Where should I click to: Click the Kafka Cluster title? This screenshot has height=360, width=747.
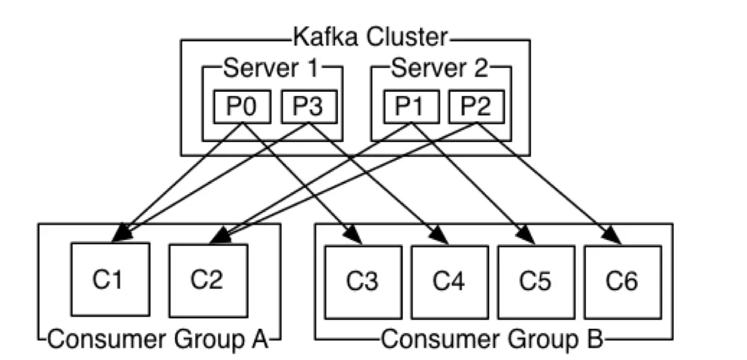pos(370,38)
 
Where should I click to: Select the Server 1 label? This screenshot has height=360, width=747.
pos(271,69)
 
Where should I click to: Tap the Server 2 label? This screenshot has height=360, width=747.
pos(440,69)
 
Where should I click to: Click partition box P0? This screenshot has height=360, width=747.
pos(241,107)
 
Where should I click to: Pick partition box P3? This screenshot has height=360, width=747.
pos(309,107)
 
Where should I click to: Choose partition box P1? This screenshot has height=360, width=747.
pos(411,107)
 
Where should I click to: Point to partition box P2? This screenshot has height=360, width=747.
pos(477,107)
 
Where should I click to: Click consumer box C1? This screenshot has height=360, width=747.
pos(110,280)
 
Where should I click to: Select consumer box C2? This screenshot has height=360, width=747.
pos(208,280)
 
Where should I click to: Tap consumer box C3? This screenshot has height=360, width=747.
pos(363,282)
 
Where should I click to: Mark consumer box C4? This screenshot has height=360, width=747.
pos(449,282)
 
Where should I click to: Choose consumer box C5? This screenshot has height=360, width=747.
pos(536,282)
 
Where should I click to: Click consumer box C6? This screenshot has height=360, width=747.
pos(622,282)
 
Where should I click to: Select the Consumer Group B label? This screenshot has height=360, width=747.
pos(494,337)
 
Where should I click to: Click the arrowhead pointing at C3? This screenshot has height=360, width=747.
pos(353,233)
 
